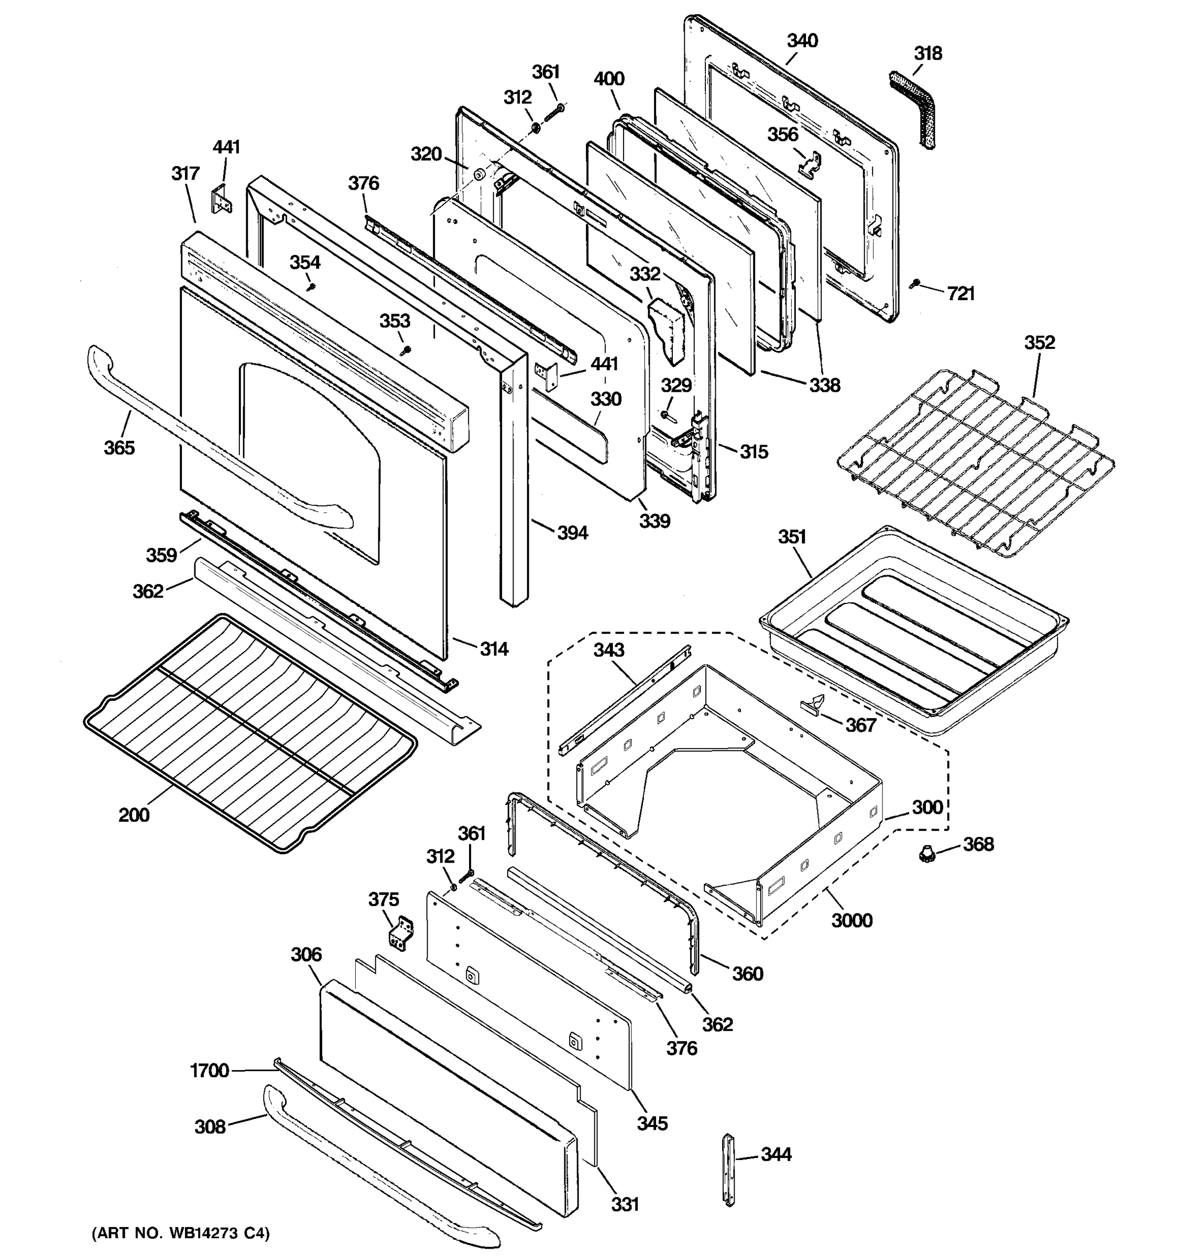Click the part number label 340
click(x=802, y=40)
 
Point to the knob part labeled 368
click(x=927, y=856)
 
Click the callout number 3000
click(x=851, y=921)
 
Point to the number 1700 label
click(x=210, y=1071)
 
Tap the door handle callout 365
click(x=119, y=448)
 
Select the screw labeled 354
click(x=311, y=287)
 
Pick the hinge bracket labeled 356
click(x=807, y=163)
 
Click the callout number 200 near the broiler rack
click(x=134, y=815)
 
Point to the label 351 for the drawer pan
click(x=792, y=537)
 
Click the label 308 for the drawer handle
click(x=210, y=1127)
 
